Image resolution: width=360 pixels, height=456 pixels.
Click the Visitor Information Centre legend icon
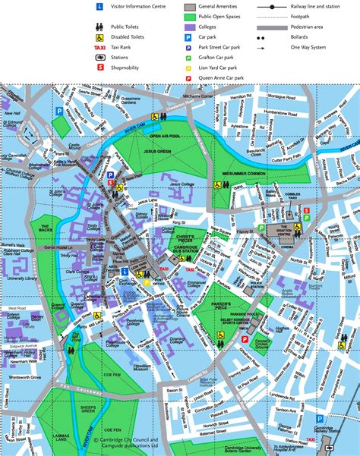99,6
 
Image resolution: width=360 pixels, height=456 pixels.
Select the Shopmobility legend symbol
99,67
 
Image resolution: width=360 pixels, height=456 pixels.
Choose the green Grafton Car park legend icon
189,56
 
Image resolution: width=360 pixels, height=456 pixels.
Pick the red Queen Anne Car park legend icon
189,77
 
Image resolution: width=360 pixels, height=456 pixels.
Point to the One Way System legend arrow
281,47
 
